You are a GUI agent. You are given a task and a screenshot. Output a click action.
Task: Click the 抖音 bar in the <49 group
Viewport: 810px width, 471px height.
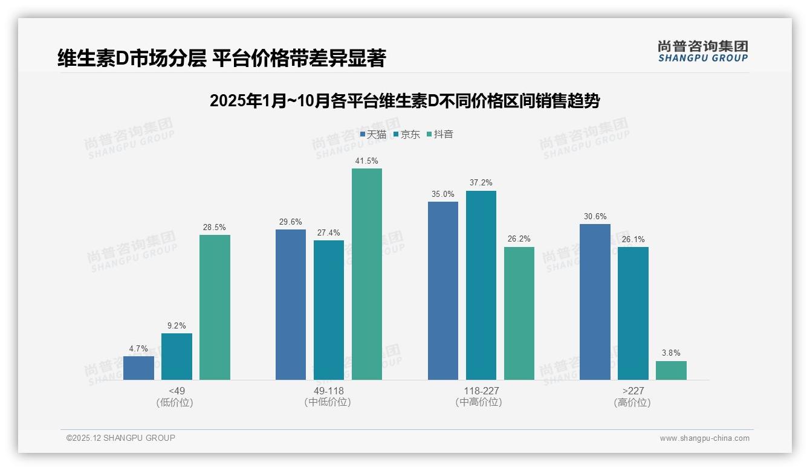tap(215, 307)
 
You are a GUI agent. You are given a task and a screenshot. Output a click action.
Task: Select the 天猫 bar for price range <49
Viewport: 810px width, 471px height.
tap(138, 368)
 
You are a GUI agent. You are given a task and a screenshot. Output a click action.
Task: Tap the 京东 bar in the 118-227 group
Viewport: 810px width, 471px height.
tap(481, 285)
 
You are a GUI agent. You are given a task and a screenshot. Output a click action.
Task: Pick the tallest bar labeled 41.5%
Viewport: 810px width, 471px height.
tap(367, 274)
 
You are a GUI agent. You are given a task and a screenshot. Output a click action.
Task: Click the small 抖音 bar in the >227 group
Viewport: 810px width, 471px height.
tap(671, 370)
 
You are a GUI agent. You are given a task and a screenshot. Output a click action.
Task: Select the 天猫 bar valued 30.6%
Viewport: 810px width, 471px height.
tap(595, 302)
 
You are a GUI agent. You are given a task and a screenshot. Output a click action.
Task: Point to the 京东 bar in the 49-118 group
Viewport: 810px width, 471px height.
tap(328, 310)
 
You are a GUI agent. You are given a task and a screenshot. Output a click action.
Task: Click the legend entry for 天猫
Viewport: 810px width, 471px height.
tap(373, 134)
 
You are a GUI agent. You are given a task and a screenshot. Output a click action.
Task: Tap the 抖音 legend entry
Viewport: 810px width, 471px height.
tap(440, 134)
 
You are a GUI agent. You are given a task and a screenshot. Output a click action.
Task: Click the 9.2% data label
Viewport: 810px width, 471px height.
tap(177, 326)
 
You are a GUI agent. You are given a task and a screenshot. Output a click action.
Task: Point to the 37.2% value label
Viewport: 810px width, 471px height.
tap(481, 183)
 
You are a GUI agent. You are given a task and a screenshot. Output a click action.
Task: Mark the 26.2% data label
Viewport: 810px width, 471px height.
tap(519, 239)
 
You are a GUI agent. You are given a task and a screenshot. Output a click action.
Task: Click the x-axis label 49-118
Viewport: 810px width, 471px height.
tap(328, 391)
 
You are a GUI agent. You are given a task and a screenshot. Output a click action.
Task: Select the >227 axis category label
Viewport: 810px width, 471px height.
tap(632, 391)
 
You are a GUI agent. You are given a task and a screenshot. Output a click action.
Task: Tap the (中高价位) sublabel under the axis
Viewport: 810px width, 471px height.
tap(479, 402)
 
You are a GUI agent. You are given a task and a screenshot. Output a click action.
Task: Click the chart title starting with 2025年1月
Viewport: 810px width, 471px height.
tap(404, 101)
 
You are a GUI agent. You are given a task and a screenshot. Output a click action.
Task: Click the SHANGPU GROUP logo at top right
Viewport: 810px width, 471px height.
tap(702, 51)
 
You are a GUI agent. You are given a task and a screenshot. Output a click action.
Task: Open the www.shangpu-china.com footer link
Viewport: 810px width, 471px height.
tap(704, 438)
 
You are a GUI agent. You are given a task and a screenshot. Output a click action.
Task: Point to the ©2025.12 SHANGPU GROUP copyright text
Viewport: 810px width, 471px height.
tap(120, 438)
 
